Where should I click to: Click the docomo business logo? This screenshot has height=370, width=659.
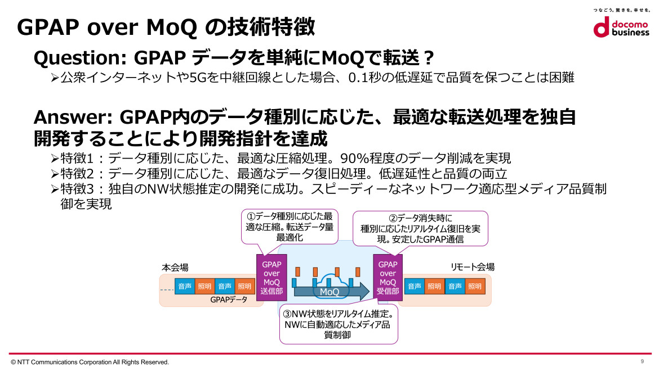coord(621,27)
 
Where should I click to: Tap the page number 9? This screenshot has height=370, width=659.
coord(642,361)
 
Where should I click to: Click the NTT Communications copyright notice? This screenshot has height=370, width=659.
coord(90,362)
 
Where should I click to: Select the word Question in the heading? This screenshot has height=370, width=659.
coord(77,58)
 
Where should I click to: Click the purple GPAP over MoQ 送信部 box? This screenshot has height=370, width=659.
coord(271,277)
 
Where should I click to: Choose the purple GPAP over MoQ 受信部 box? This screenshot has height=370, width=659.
coord(388,277)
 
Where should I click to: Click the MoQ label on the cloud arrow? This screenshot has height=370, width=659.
coord(329,291)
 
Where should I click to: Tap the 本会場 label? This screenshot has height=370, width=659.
coord(175,267)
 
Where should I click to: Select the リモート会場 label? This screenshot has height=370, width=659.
coord(473,267)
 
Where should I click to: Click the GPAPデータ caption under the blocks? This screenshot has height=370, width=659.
coord(229,300)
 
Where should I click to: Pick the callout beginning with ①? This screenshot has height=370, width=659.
coord(290,227)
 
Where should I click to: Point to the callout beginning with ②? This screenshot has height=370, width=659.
coord(420,229)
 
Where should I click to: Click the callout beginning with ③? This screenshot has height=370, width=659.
coord(339,324)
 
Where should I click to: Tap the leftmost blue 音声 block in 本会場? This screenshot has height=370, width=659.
coord(185,286)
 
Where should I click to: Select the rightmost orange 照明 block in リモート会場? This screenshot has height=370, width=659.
coord(475,286)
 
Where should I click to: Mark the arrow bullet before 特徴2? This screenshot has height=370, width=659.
coord(55,174)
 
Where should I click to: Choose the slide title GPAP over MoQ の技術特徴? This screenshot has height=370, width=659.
coord(166,27)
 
